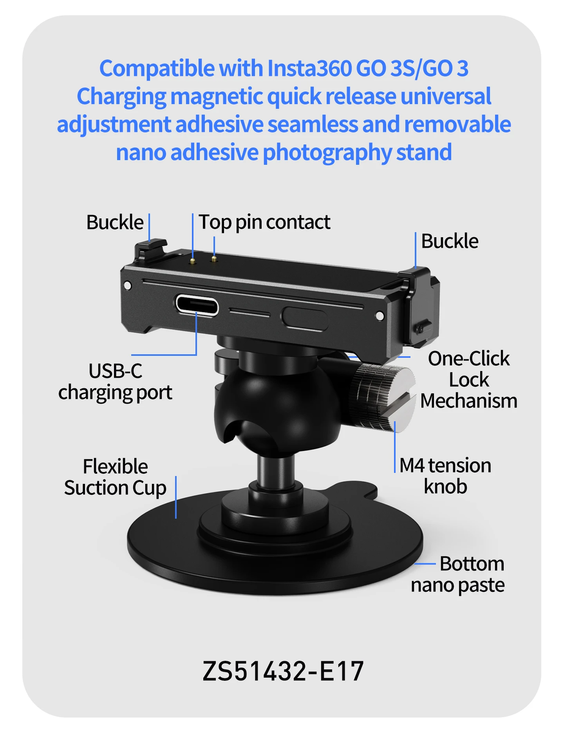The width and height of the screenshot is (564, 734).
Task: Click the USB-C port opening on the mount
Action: [x=197, y=305]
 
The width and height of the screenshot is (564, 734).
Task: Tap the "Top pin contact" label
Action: [x=264, y=222]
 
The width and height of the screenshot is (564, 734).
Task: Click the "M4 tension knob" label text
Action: [x=445, y=476]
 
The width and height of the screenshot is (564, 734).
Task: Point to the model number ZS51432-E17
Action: [x=283, y=671]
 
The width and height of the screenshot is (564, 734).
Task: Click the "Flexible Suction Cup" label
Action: [x=115, y=477]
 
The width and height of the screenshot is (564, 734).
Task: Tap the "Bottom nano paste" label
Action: [x=458, y=575]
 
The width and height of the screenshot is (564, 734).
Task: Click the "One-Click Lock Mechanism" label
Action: [x=469, y=380]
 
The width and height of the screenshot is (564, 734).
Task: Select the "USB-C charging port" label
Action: [x=115, y=382]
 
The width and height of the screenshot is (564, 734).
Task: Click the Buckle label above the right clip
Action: [x=450, y=241]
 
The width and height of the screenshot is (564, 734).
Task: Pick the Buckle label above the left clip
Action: [x=115, y=222]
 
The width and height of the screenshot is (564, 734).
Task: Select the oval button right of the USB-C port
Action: [x=305, y=318]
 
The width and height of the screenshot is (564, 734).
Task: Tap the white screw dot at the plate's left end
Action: [x=127, y=285]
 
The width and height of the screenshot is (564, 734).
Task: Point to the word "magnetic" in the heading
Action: [x=216, y=97]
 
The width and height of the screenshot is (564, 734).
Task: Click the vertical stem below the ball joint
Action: [x=276, y=472]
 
